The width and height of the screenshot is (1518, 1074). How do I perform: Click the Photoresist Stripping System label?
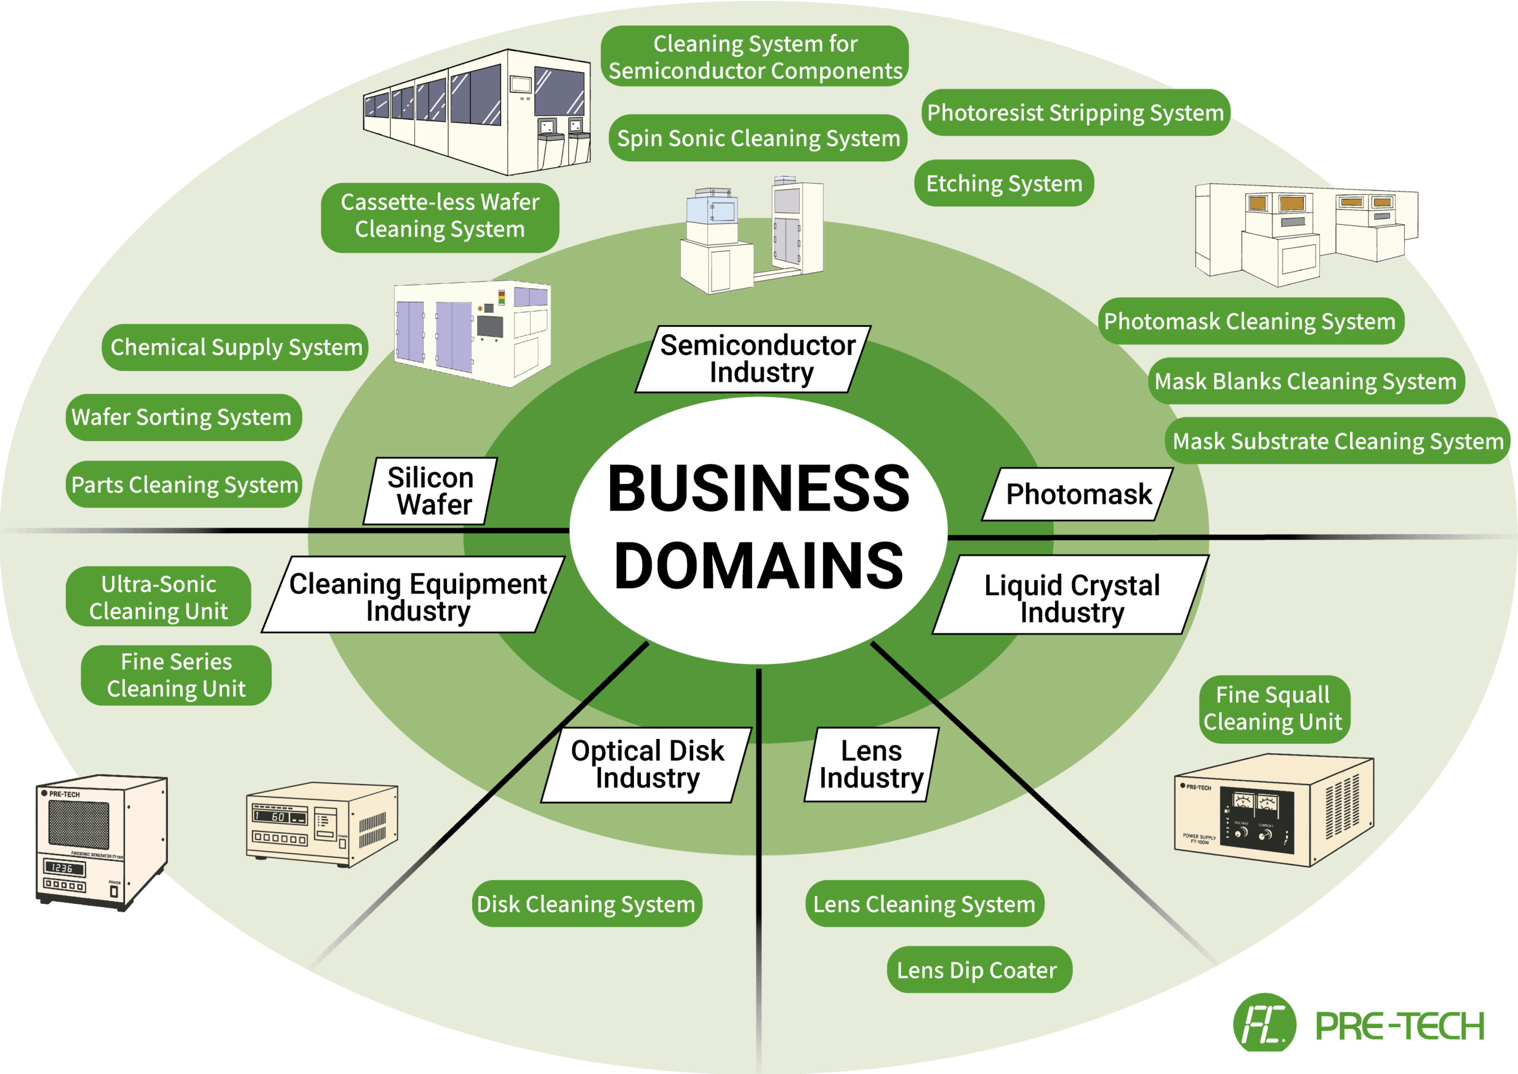coord(1075,113)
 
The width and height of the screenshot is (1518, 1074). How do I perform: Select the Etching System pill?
coord(1004,183)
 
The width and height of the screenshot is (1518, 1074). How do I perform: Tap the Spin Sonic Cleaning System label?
coord(758,138)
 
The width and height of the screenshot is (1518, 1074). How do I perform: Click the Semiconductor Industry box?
coord(754,359)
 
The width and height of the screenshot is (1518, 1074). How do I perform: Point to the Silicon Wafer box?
coord(430,490)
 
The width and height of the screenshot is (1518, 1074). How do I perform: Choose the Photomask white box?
coord(1077,495)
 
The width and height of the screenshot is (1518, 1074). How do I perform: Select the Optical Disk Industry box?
coord(646,764)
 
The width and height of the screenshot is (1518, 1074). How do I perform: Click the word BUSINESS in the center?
coord(758,489)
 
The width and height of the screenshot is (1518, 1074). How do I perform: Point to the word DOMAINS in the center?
coord(758,566)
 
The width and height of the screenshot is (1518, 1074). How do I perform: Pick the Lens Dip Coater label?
coord(978,970)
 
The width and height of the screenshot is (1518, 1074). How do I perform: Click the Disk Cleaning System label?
coord(586,903)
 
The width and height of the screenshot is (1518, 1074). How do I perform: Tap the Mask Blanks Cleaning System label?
coord(1305,381)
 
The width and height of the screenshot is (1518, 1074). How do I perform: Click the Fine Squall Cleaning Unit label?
coord(1273,708)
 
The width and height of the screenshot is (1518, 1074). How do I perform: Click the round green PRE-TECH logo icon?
coord(1264,1024)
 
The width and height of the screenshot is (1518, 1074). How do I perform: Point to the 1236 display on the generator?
coord(63,868)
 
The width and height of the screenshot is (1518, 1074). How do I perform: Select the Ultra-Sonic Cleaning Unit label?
coord(159,597)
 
